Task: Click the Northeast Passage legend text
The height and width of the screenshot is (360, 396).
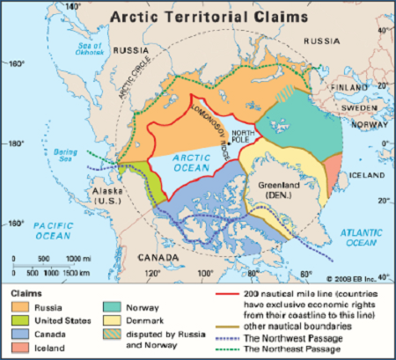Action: click(x=293, y=348)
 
